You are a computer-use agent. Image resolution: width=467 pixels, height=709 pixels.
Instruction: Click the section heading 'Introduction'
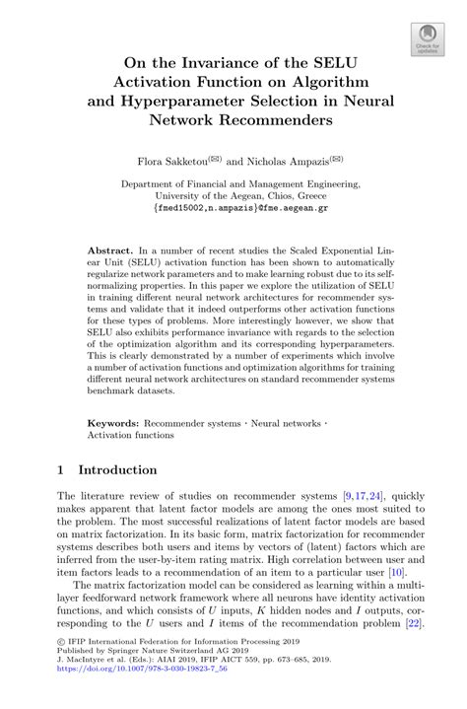(x=117, y=469)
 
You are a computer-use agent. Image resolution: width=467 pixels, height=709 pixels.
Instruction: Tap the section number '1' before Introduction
(x=61, y=469)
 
